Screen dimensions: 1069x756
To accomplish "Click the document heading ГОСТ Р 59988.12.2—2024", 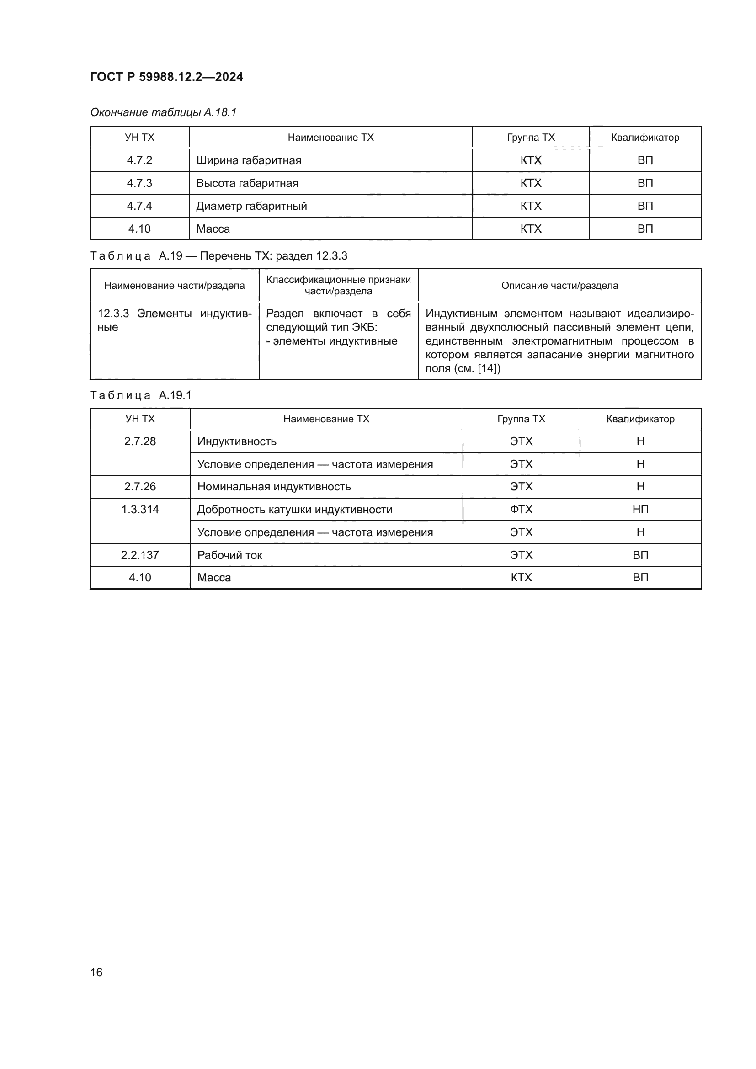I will tap(166, 77).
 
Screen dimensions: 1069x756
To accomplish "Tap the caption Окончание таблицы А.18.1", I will tap(163, 112).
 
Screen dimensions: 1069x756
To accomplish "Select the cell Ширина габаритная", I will tap(249, 160).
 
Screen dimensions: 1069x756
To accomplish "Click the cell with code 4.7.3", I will tap(139, 183).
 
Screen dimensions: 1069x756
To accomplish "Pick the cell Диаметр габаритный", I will tap(251, 206).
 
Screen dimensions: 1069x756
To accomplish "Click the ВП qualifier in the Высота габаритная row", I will tap(645, 183).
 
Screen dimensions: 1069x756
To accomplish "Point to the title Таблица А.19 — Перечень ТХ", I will tap(218, 255).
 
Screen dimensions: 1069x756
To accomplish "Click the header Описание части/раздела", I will tap(559, 285).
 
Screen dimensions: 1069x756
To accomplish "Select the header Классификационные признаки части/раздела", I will tap(338, 285).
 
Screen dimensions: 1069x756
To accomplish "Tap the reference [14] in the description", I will tap(489, 368).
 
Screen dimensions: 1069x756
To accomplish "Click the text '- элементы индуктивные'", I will tap(331, 341).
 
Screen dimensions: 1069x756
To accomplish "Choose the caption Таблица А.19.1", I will tap(141, 395).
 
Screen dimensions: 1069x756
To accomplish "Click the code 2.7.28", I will tap(140, 441).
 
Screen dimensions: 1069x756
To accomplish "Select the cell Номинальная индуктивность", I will tap(274, 487).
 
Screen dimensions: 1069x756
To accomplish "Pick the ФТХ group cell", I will tap(521, 509).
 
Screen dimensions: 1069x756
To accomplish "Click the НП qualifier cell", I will tap(640, 509).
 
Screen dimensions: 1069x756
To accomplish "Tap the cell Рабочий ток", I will tap(229, 555).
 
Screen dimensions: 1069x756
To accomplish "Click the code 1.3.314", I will tap(140, 509).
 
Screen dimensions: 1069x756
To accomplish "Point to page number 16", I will tap(96, 972).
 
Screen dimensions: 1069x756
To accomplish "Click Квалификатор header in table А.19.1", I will tap(640, 419).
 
